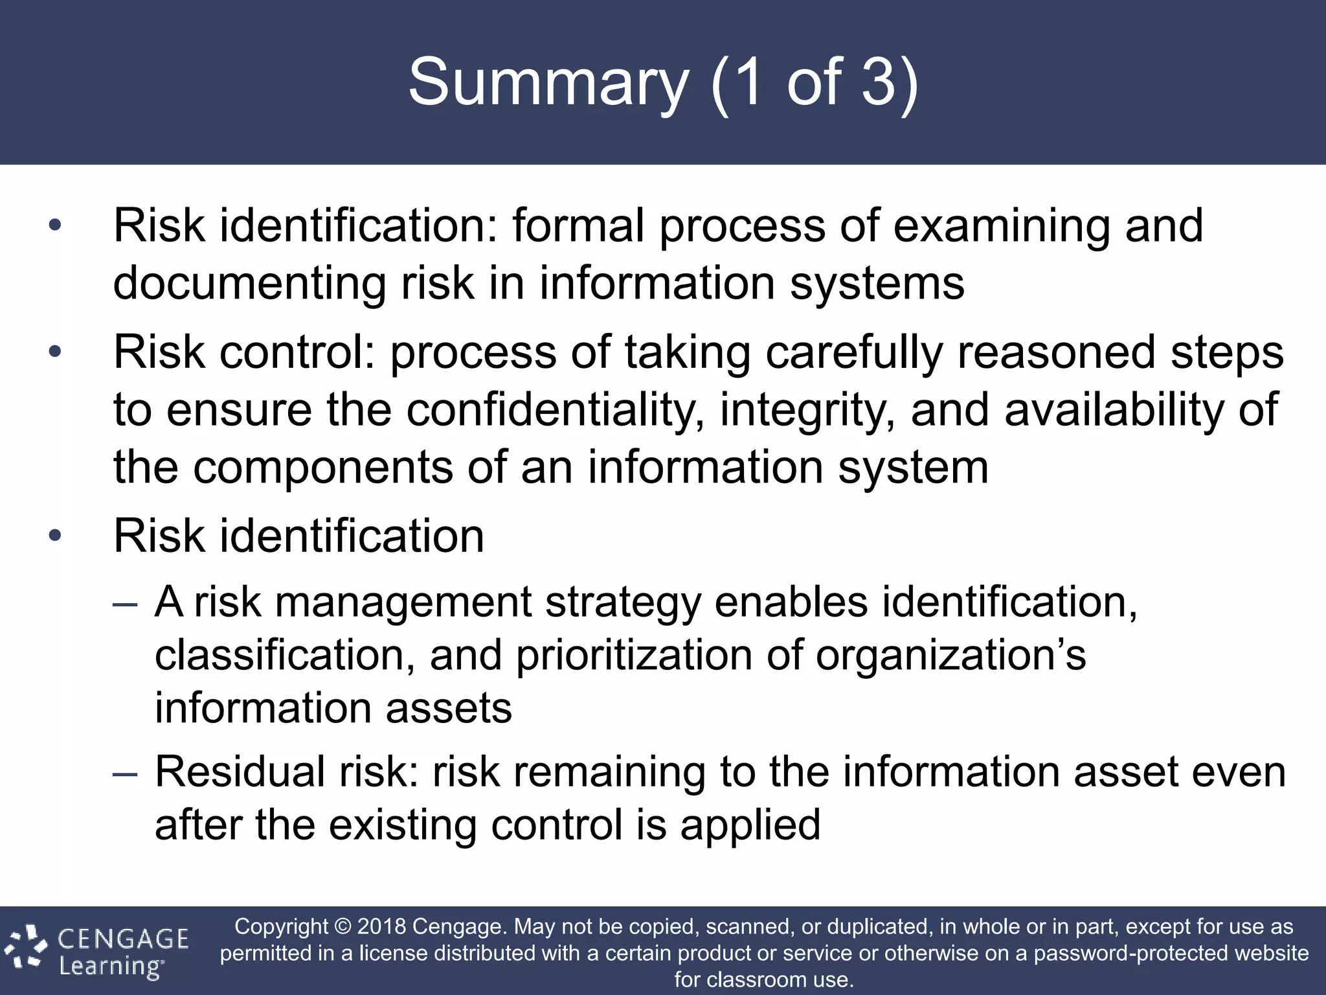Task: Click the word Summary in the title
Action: [548, 83]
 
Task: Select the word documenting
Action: [249, 284]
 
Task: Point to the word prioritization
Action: [634, 656]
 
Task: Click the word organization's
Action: [950, 656]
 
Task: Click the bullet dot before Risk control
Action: [55, 352]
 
